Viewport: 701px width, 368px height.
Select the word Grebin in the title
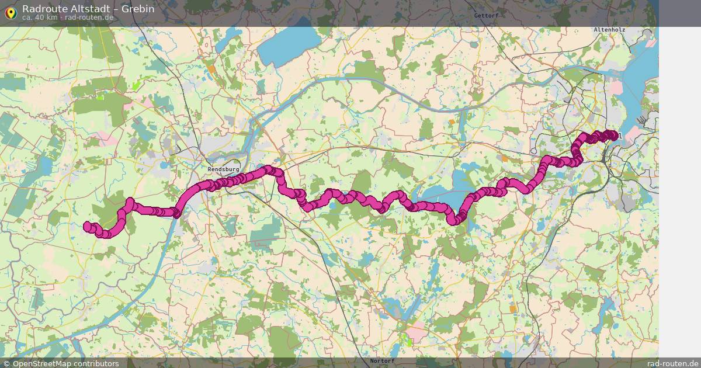click(x=138, y=9)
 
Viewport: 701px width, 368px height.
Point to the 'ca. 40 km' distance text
click(x=40, y=18)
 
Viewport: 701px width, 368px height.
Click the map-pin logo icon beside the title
click(x=11, y=12)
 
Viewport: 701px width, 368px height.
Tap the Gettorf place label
click(x=486, y=16)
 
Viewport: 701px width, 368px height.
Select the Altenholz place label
click(x=609, y=29)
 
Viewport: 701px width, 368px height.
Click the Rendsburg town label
click(x=223, y=169)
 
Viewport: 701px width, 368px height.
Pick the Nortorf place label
click(x=382, y=361)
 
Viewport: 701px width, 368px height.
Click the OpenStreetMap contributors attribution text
click(x=65, y=363)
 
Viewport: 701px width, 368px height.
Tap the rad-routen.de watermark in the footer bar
click(x=673, y=363)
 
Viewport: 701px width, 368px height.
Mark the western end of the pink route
click(x=88, y=226)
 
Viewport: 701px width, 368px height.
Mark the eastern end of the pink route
click(x=613, y=136)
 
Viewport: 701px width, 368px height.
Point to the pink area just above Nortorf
click(x=416, y=334)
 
